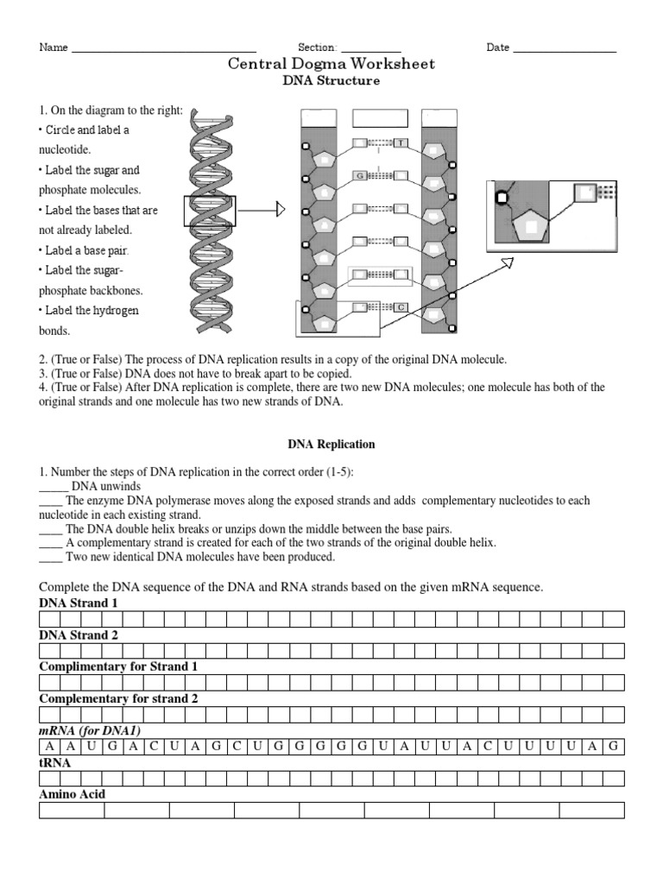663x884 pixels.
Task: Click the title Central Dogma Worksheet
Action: (x=331, y=64)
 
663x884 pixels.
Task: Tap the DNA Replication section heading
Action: (x=331, y=445)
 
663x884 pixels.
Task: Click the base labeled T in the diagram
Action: (x=401, y=142)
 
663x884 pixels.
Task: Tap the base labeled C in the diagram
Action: (x=401, y=306)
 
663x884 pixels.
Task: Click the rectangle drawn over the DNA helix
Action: (x=209, y=211)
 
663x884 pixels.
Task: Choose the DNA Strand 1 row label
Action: (x=79, y=603)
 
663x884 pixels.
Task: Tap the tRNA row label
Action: (x=55, y=763)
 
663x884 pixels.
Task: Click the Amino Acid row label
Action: (x=73, y=794)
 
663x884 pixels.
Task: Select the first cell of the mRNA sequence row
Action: (x=49, y=747)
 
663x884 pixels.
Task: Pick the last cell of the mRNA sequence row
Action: (x=614, y=747)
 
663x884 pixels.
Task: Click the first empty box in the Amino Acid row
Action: (x=72, y=811)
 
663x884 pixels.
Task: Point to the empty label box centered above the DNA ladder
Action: (x=377, y=119)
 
